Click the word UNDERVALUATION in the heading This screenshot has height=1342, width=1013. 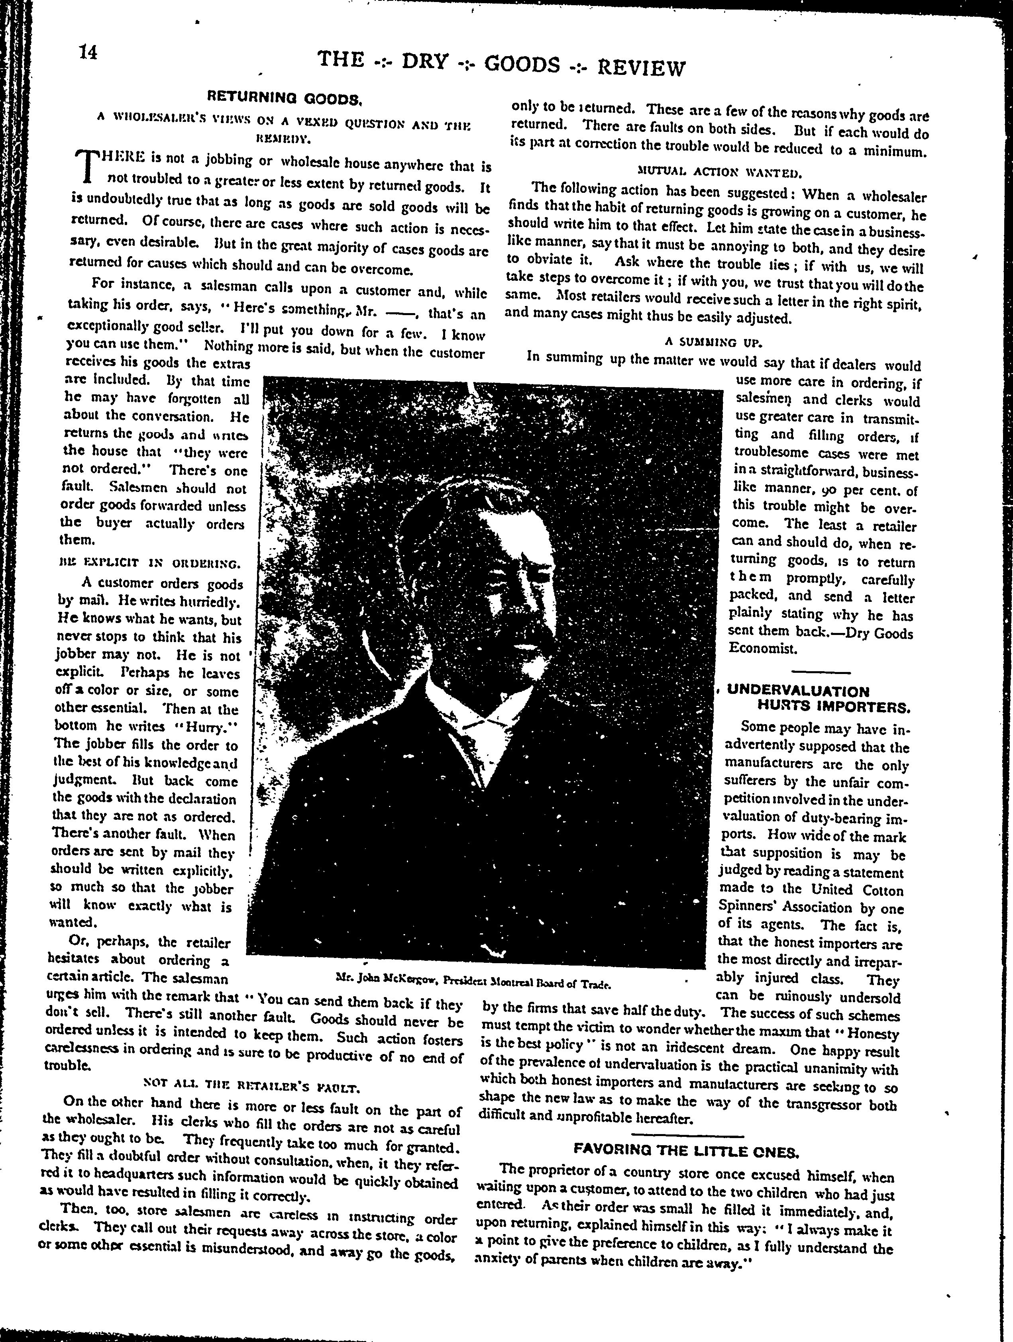[797, 691]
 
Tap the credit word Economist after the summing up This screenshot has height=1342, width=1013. [754, 648]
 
